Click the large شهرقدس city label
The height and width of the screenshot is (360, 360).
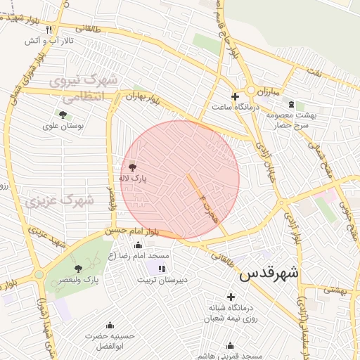pyautogui.click(x=269, y=273)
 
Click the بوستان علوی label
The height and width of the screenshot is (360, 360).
pyautogui.click(x=63, y=126)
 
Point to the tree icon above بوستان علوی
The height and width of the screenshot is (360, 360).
pyautogui.click(x=63, y=114)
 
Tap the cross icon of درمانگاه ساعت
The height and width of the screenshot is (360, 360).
pyautogui.click(x=235, y=96)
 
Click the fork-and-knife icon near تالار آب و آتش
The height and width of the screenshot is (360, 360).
pyautogui.click(x=49, y=30)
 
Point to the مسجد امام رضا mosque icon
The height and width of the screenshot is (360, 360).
pyautogui.click(x=137, y=245)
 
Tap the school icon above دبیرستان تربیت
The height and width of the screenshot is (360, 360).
pyautogui.click(x=162, y=268)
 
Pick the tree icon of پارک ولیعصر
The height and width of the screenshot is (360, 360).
pyautogui.click(x=77, y=268)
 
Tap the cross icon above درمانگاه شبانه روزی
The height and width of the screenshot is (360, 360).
pyautogui.click(x=231, y=297)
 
